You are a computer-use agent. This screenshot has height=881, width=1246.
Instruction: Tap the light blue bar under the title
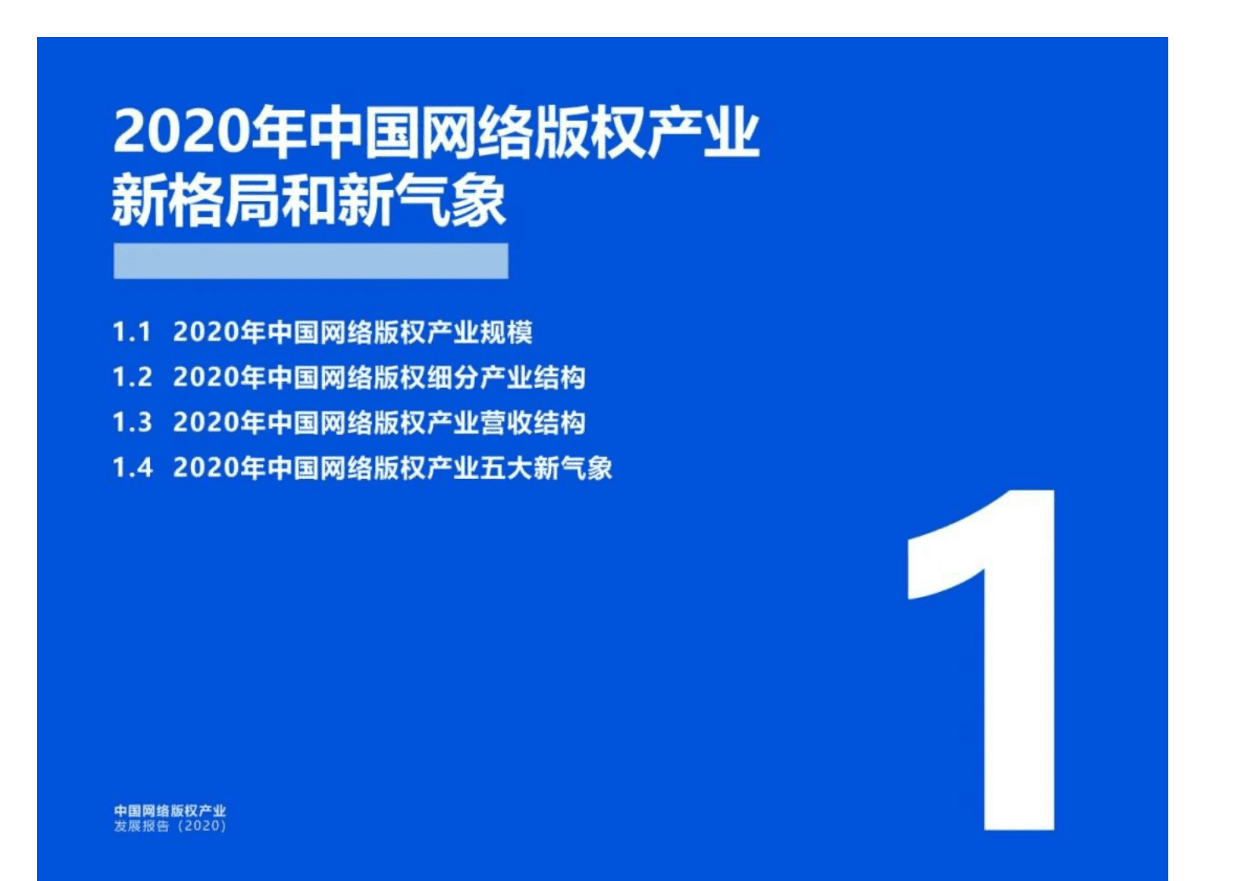click(310, 261)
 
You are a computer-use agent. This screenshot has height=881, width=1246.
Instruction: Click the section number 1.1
click(131, 332)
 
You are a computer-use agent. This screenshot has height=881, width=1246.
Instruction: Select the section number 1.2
click(132, 378)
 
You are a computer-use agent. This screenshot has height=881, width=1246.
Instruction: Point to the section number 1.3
click(132, 422)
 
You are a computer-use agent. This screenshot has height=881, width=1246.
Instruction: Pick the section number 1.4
click(132, 468)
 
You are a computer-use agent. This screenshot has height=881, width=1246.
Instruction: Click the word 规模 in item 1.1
click(506, 332)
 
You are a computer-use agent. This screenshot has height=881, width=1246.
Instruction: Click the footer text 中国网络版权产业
click(170, 810)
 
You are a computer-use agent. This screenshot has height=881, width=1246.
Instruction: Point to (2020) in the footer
click(202, 826)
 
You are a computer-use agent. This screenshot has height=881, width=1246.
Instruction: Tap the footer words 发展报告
click(141, 826)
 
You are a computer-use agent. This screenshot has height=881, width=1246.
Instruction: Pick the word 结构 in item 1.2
click(559, 378)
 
